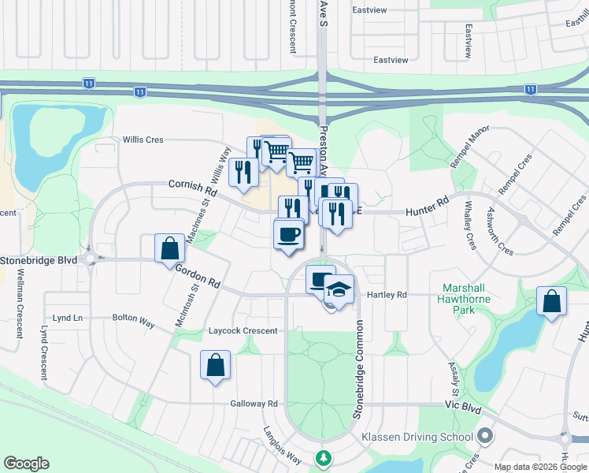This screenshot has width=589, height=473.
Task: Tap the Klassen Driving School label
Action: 417,437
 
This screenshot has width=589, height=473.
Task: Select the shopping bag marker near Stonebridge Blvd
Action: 170,249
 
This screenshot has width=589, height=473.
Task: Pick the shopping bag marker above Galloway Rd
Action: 216,366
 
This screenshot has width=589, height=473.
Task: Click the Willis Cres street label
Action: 143,140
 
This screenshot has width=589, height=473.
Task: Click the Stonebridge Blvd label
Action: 39,259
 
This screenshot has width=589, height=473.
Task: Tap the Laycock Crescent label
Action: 243,331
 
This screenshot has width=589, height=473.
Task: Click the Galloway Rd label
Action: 254,404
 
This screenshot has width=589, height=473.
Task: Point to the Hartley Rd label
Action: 387,295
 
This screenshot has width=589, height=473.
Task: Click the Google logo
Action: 26,464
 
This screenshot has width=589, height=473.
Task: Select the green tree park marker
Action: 323,458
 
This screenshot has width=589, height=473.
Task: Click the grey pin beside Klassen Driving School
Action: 485,436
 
